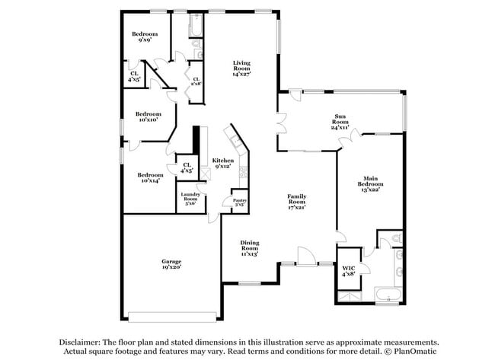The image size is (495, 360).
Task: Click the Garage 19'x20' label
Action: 171,265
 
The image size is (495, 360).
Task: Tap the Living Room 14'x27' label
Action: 242,68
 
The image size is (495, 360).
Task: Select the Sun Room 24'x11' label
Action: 340,121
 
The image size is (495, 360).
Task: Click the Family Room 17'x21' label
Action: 296,202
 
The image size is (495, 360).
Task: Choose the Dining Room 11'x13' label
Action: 250,248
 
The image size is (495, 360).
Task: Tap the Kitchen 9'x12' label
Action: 223,164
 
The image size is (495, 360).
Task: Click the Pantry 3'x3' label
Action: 238,202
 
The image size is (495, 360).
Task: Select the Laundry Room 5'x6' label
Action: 190,199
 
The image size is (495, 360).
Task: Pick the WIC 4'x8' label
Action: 349,270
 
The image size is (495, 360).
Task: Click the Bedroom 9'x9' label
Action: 144,37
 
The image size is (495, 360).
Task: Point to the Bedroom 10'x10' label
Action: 149,116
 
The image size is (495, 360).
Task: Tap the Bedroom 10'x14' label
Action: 149,177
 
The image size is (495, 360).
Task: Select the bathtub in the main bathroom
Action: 389,296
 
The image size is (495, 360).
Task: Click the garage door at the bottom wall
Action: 175,316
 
